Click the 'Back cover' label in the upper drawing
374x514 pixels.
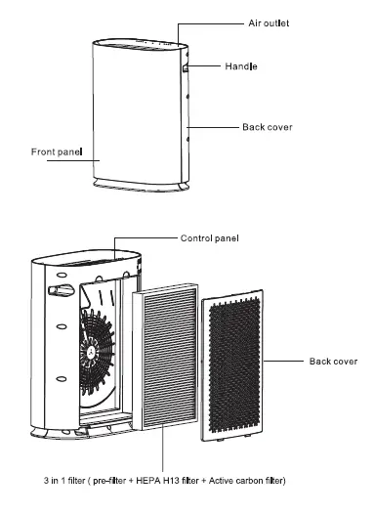266,128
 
